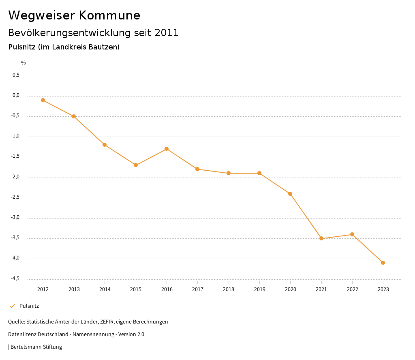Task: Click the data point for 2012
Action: pos(43,100)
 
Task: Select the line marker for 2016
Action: pos(167,149)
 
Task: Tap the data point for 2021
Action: pos(321,238)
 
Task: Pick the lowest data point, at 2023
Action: pos(383,263)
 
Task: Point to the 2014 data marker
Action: pos(105,145)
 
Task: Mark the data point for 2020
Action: pos(290,194)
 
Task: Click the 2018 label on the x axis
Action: pos(229,289)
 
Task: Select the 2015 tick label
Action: pos(136,289)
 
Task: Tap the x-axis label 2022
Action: pos(352,289)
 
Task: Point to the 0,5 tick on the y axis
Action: pos(16,75)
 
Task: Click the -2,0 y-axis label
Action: pos(15,177)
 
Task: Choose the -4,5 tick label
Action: pos(15,279)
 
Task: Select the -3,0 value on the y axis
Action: pos(15,217)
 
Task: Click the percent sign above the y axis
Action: pos(24,63)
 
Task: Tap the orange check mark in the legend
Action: pos(12,306)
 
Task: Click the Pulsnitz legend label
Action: pos(29,306)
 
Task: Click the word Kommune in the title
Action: pos(109,15)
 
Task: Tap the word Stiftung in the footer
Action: pos(52,347)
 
